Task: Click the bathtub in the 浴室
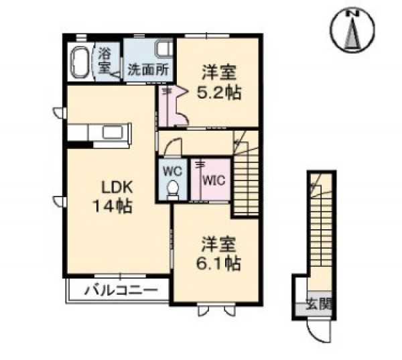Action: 80,62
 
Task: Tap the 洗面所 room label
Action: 149,69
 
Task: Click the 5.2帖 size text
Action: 218,93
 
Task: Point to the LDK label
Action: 117,188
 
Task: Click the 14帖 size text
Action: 113,206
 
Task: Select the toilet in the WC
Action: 173,189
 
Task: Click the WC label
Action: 173,171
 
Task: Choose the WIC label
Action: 214,180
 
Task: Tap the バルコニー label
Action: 121,290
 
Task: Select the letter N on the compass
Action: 356,13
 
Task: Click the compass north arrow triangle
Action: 353,34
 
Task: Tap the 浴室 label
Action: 105,61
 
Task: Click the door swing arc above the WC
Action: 172,145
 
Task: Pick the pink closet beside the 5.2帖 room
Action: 170,106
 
